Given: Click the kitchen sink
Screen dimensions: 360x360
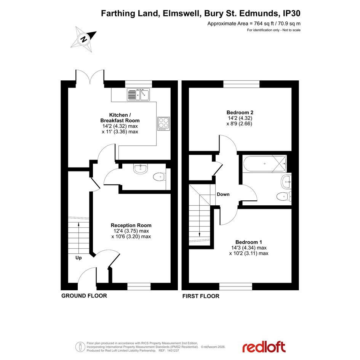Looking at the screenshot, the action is tap(138, 94).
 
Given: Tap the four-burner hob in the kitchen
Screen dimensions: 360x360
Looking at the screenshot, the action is tap(164, 124).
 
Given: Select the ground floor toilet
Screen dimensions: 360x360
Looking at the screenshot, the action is tap(159, 177).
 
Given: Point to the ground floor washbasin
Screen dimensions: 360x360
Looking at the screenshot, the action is tap(140, 169).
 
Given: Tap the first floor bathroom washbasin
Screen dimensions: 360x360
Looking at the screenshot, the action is tap(286, 182).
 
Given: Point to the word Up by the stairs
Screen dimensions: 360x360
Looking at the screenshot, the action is tap(78, 258).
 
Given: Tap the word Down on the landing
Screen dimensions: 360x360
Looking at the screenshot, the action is tap(223, 194).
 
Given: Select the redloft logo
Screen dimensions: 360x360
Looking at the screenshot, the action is tap(264, 347).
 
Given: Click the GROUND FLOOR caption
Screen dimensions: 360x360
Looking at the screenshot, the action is tap(84, 296).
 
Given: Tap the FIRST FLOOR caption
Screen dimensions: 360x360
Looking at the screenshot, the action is tap(201, 296).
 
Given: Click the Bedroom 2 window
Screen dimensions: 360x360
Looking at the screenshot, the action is tap(242, 84).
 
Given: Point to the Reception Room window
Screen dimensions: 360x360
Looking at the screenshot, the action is tap(139, 286).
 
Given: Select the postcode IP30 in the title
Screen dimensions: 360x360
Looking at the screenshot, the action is tap(291, 13).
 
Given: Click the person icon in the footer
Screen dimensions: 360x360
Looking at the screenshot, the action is tap(80, 347).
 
